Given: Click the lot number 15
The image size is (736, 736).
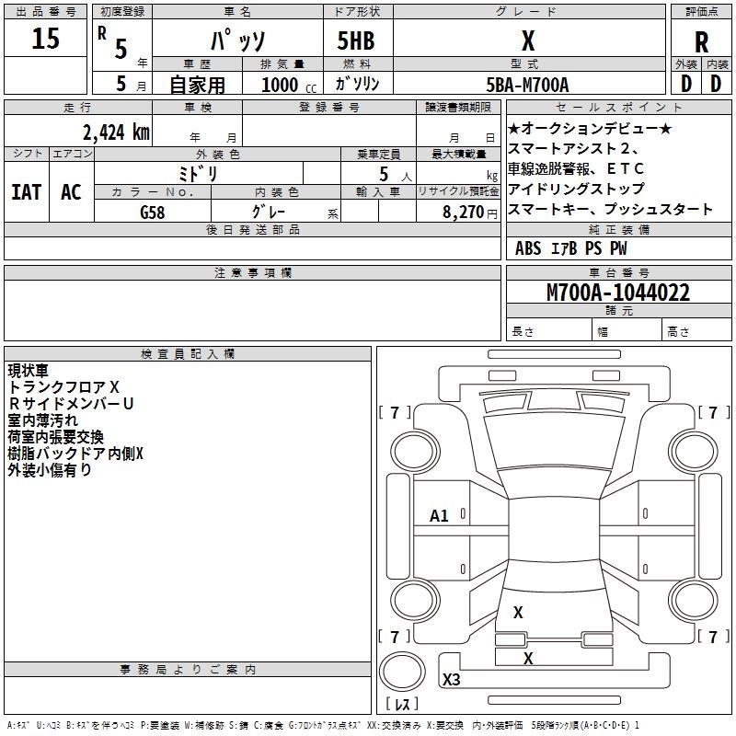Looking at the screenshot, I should (45, 40).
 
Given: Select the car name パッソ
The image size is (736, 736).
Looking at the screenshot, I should (237, 42).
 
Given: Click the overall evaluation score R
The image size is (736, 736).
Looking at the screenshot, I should (701, 42).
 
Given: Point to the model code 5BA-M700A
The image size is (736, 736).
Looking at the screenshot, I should (527, 85).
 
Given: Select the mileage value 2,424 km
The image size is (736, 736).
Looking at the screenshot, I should (115, 132).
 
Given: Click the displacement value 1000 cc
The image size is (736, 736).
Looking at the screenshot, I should (286, 85).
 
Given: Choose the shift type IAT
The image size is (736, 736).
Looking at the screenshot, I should (26, 192).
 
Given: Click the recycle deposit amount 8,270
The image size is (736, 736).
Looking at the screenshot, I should (463, 212).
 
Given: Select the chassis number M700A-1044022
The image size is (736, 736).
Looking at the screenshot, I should (618, 293).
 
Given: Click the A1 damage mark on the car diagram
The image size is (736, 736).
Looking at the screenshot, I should (439, 516).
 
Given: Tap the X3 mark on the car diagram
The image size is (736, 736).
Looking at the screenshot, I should (451, 680).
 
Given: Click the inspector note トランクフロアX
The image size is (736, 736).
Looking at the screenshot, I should (63, 387).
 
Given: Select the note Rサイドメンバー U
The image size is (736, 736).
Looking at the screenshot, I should (71, 404).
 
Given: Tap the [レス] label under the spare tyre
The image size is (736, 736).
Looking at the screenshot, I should (405, 705).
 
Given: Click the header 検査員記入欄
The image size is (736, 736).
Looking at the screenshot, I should (188, 353).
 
